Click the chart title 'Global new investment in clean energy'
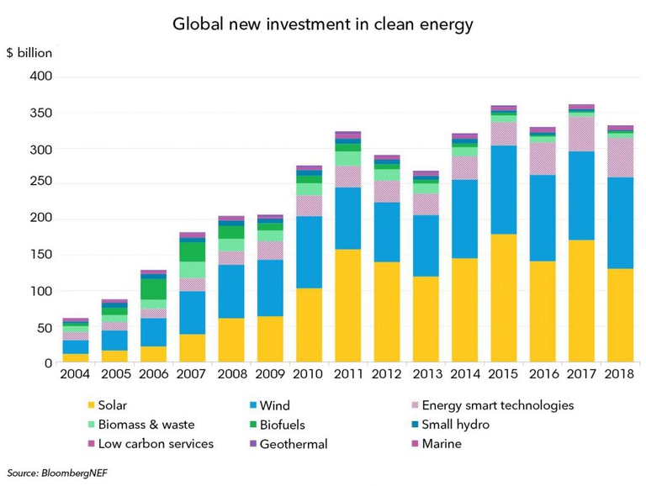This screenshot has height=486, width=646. pos(323,24)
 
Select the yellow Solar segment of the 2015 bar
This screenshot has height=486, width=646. pos(504,298)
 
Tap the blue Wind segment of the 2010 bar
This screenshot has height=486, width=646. pos(310,252)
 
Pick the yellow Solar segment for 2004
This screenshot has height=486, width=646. pos(75,358)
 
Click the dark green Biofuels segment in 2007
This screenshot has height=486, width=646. pos(192,251)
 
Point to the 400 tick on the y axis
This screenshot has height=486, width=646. pos(40,77)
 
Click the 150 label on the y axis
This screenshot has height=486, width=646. pos(40,255)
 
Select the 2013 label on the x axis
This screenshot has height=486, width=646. pos(426,374)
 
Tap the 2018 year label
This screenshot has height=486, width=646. pos(618,374)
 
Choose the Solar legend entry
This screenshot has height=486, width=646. pos(111,405)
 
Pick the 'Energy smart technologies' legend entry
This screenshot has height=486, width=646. pos(496,405)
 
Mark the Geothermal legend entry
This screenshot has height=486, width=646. pos(292,444)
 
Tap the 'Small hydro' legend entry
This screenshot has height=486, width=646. pos(454,425)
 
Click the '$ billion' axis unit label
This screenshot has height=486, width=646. pos(29,52)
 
